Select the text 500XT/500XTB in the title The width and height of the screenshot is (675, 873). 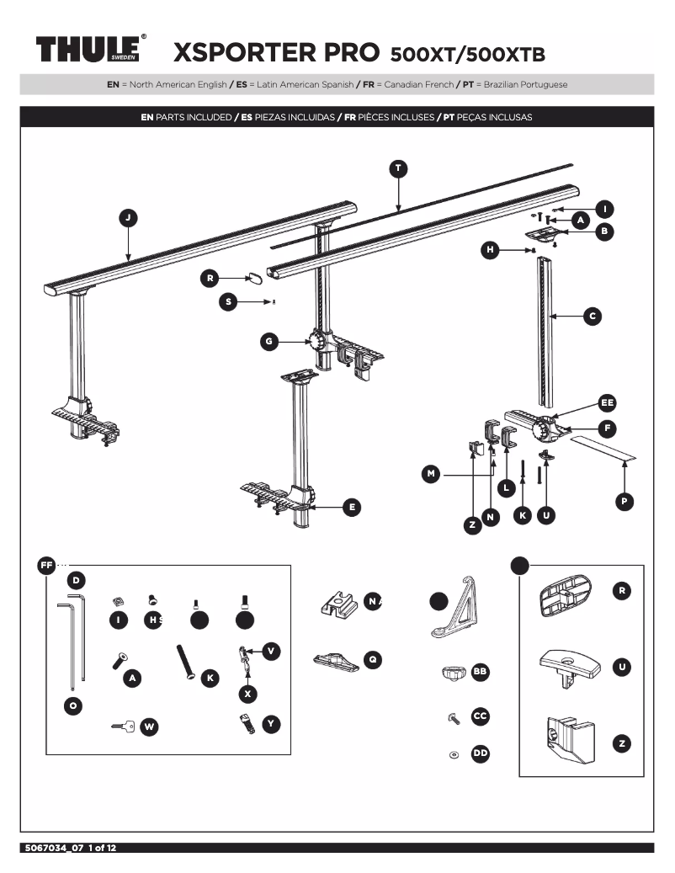[468, 56]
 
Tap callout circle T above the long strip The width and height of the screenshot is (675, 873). [398, 168]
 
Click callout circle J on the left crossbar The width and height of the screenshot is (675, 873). [128, 218]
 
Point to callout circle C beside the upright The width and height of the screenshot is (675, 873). [592, 317]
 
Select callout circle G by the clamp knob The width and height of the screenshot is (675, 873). [268, 341]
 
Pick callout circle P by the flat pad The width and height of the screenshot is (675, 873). [624, 501]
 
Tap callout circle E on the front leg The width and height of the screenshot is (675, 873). [353, 507]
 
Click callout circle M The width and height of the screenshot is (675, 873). [431, 475]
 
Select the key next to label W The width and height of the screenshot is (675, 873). [123, 726]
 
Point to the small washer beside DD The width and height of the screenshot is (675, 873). [454, 754]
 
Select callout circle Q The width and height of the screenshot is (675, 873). [372, 660]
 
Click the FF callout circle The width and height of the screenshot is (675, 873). [46, 564]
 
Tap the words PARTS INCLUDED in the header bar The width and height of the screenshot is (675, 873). [191, 117]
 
